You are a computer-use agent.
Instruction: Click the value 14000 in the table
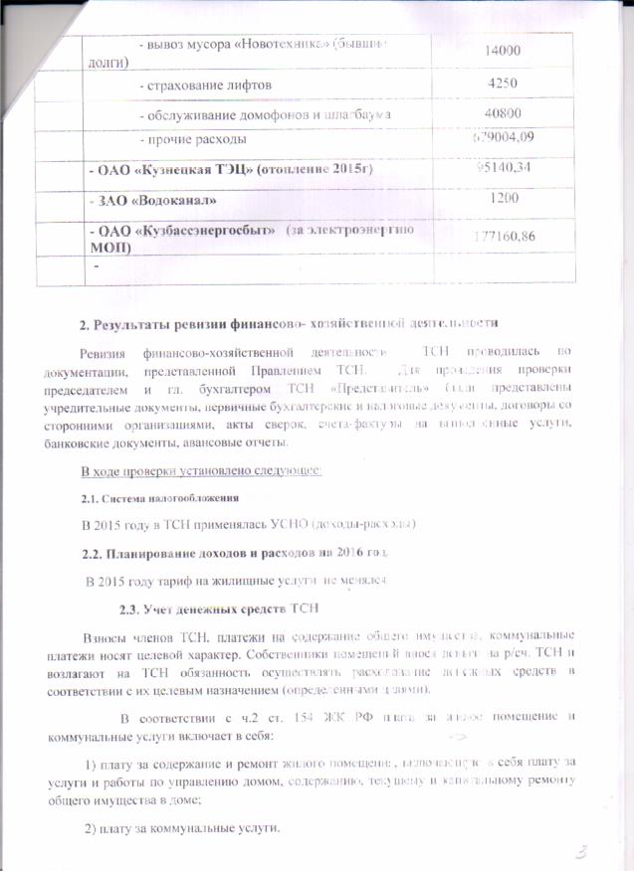pos(503,50)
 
